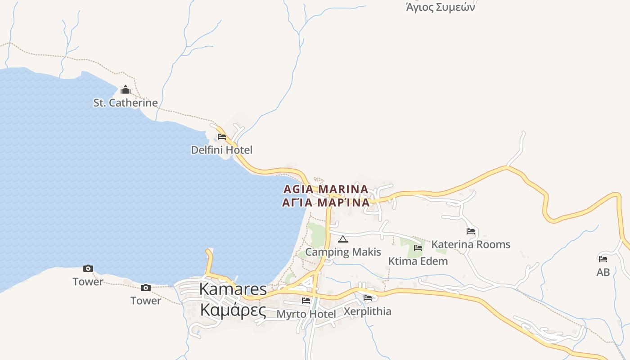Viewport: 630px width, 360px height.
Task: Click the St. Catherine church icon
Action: coord(126,90)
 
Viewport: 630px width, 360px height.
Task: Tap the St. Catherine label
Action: coord(126,103)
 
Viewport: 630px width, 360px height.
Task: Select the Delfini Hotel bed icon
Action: coord(222,137)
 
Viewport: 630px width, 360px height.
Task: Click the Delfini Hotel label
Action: coord(221,150)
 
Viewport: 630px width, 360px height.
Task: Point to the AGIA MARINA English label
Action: coord(326,189)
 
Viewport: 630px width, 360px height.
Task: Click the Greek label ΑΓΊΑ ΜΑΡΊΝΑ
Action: coord(326,202)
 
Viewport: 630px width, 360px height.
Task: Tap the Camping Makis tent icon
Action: coord(343,239)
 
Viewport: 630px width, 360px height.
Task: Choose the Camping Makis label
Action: coord(343,252)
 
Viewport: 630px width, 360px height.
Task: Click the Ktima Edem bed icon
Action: coord(418,247)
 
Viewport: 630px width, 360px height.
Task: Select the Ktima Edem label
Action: coord(418,261)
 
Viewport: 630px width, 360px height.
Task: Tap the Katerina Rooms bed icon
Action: coord(471,231)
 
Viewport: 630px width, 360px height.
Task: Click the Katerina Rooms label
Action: coord(471,244)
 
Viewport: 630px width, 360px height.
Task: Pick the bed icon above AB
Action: coord(603,259)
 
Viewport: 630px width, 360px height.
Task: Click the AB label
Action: coord(603,272)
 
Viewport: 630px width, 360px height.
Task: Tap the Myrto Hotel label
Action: coord(306,314)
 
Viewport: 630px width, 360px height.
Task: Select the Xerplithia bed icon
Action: coord(368,297)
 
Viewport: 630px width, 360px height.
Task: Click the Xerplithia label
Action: coord(367,311)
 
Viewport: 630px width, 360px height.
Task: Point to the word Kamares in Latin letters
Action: coord(233,289)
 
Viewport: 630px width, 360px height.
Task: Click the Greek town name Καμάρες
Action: coord(233,310)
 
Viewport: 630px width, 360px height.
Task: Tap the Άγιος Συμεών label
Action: coord(440,7)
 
